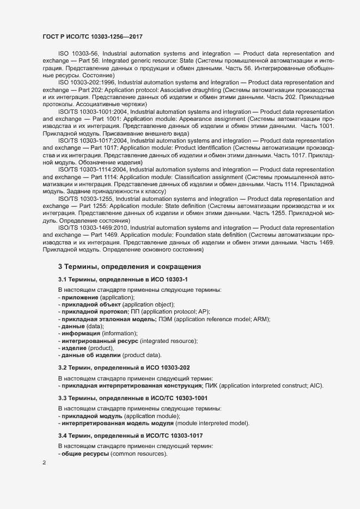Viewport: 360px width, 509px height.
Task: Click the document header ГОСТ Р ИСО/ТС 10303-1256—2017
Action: click(x=93, y=36)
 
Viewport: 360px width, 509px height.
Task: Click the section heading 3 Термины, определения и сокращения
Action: click(x=130, y=267)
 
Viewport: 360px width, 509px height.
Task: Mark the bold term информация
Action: click(x=81, y=333)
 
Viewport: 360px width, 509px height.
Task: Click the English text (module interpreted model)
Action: click(x=213, y=424)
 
